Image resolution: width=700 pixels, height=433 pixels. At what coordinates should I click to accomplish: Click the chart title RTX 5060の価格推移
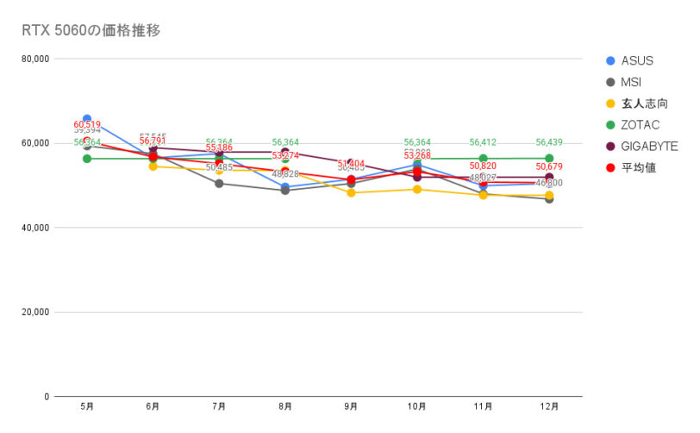click(91, 31)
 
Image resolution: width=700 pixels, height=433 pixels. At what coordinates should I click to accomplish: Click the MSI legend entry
click(632, 82)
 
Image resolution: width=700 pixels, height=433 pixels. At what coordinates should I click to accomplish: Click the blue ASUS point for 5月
click(87, 119)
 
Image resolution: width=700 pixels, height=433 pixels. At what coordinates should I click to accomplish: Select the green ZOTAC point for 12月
click(549, 159)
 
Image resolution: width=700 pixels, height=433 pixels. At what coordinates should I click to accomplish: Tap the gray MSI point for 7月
click(219, 184)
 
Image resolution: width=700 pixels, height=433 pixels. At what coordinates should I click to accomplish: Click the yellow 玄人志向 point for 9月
click(351, 193)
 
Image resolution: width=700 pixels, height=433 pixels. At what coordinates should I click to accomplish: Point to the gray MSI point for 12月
click(549, 199)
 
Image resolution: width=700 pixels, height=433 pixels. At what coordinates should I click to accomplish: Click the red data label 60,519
click(87, 124)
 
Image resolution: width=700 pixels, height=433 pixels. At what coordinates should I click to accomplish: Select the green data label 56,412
click(483, 142)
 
